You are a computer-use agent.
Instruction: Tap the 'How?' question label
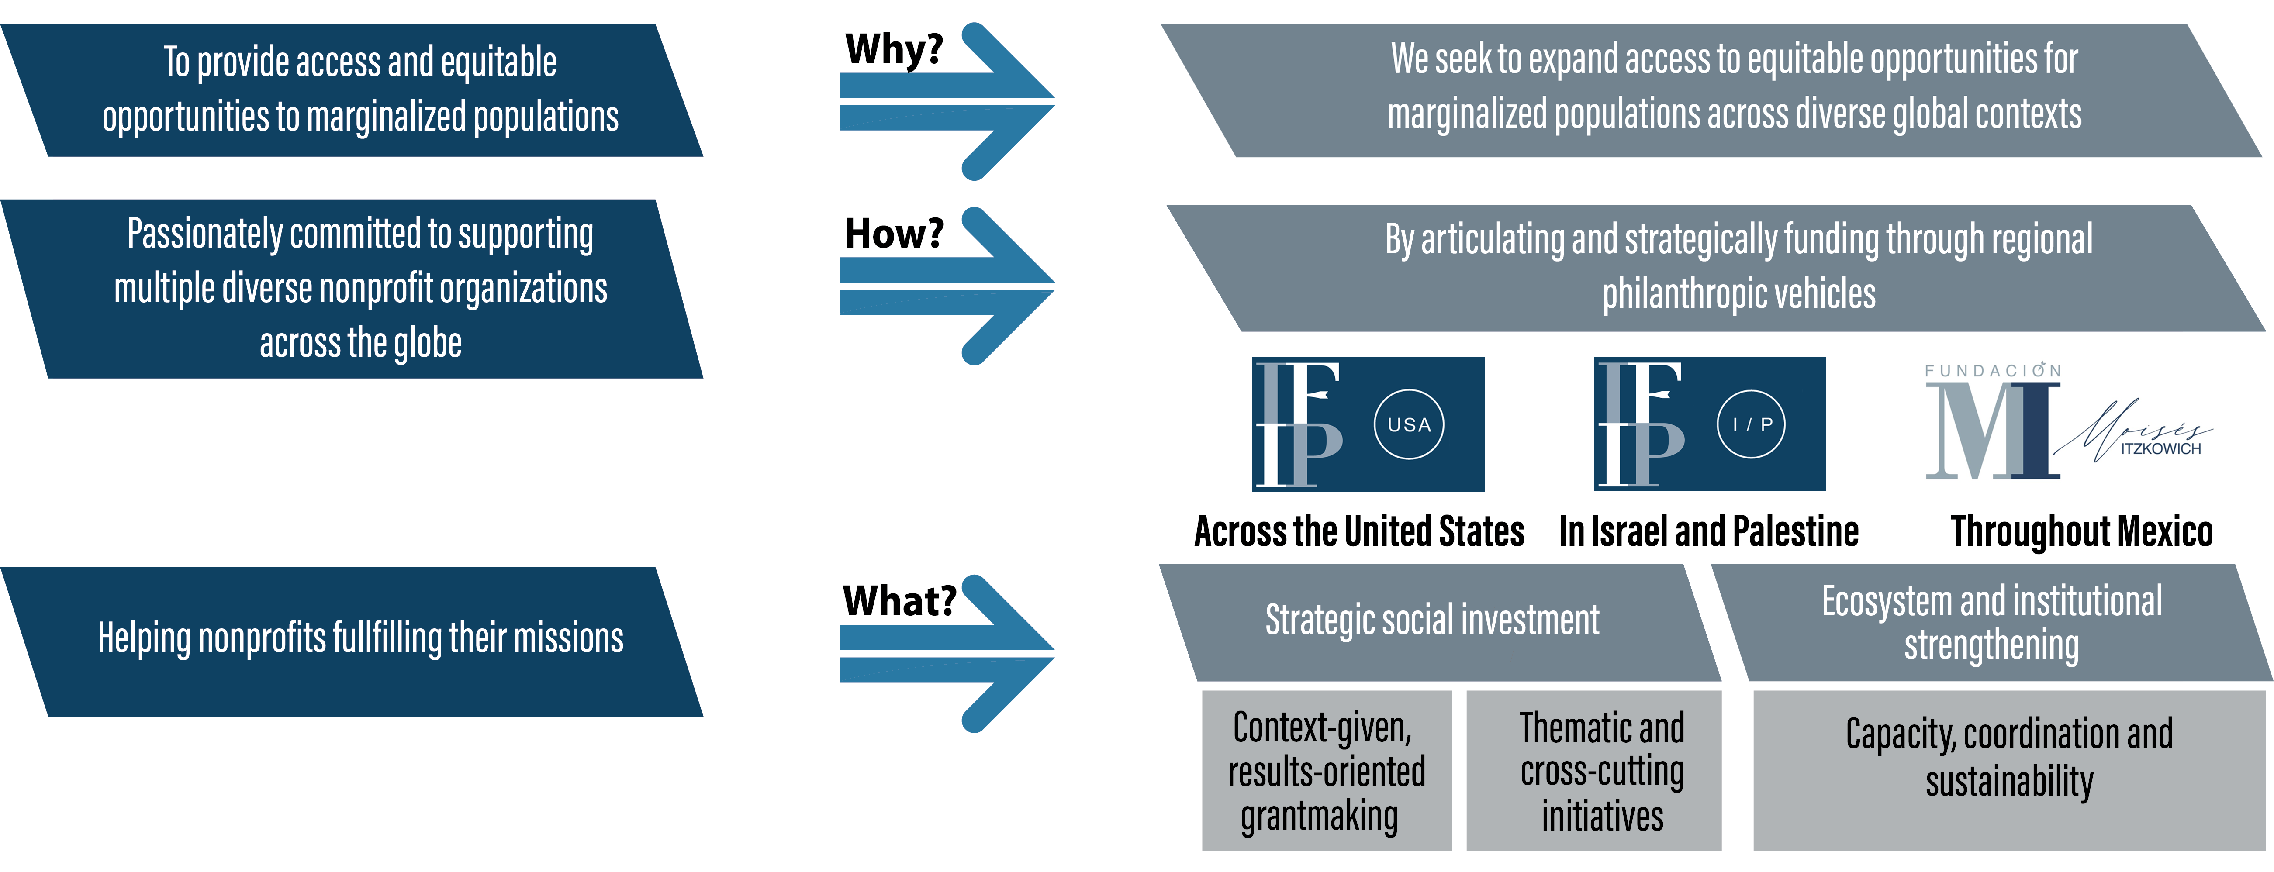click(893, 234)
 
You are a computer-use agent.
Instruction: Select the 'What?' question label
click(899, 601)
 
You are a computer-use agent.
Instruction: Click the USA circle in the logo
click(1409, 424)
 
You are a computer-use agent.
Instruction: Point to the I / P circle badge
click(1752, 424)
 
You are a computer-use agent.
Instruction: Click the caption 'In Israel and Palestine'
click(1709, 531)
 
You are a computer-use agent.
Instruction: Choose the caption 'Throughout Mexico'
click(2081, 531)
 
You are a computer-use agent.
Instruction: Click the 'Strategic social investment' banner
click(1432, 620)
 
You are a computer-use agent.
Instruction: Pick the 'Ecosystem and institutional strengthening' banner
click(1991, 622)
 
